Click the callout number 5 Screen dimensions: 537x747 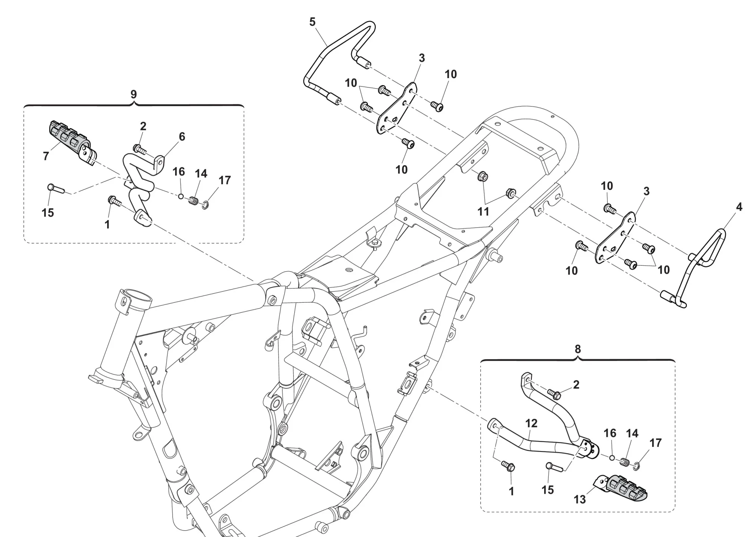[312, 22]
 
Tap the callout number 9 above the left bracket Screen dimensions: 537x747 [134, 95]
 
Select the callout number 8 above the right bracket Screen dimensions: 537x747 [577, 349]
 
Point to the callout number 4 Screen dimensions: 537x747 [739, 207]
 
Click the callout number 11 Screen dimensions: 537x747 [483, 212]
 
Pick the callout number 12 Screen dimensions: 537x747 [531, 423]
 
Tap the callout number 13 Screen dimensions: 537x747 [580, 499]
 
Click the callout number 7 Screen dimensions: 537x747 [46, 156]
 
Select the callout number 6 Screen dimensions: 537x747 [182, 137]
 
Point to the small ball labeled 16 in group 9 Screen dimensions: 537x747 [181, 196]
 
